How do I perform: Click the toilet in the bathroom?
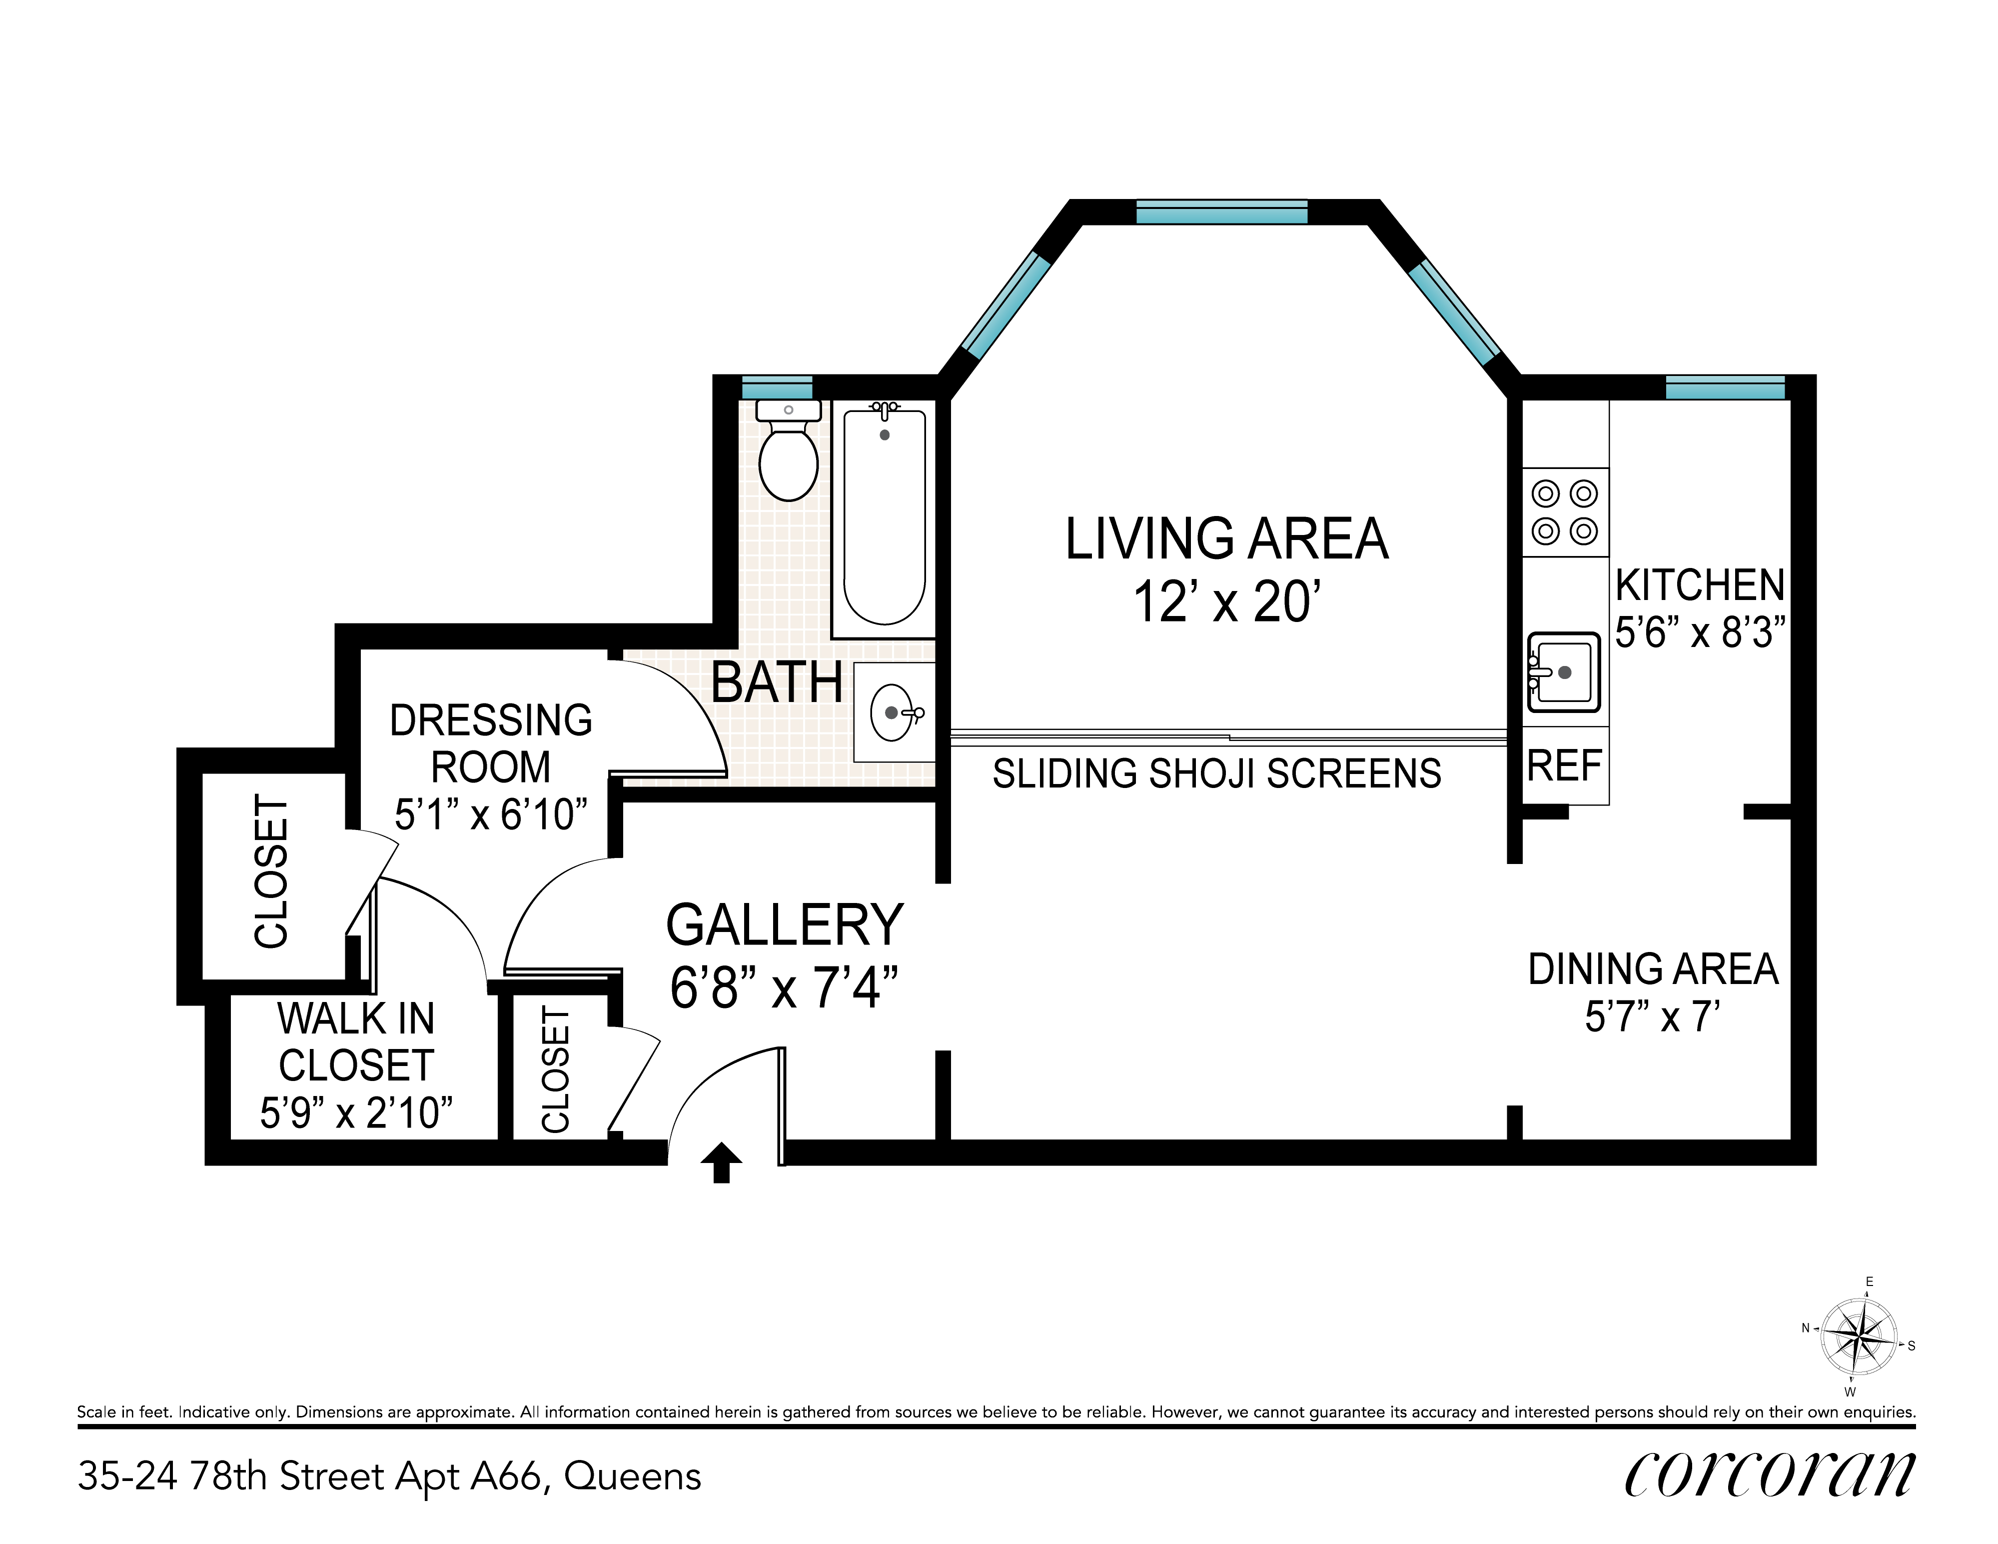click(x=788, y=450)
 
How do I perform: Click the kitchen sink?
click(x=1563, y=672)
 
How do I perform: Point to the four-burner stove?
click(x=1564, y=512)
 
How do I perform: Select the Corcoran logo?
click(x=1769, y=1474)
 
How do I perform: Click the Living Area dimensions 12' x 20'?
click(x=1227, y=602)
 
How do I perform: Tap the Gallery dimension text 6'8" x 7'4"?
click(x=784, y=987)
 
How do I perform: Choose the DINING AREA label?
click(x=1653, y=969)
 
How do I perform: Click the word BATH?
click(x=777, y=683)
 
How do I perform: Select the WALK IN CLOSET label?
click(x=356, y=1041)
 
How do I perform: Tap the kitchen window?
click(x=1725, y=387)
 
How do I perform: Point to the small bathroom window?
click(x=777, y=387)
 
